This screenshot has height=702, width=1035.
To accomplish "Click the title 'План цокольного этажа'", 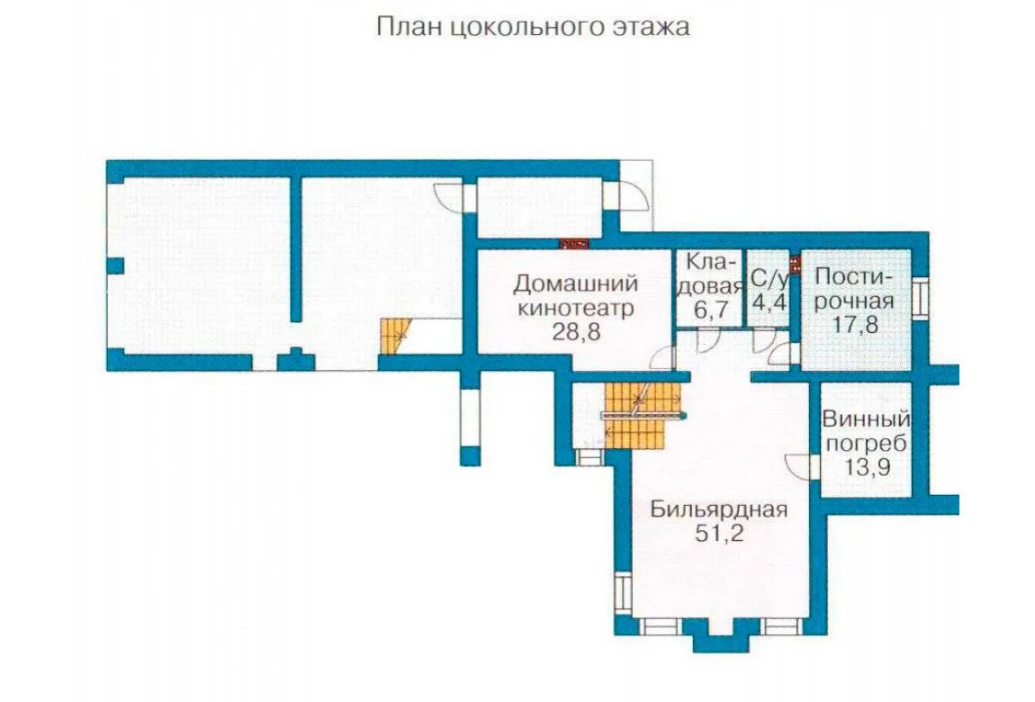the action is (x=534, y=28).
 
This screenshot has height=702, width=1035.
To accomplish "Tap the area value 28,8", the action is (x=576, y=332).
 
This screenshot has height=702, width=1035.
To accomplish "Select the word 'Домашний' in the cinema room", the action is (x=576, y=283).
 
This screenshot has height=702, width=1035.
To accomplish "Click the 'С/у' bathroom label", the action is (x=769, y=279).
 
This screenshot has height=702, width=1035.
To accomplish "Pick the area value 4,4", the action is (x=769, y=308).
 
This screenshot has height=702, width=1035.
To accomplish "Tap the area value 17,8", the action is (x=856, y=325).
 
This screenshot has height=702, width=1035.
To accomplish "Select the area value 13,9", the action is (x=867, y=467).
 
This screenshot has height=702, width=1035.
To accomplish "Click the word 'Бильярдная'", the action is (x=719, y=509).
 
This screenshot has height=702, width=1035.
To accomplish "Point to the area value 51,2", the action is (x=719, y=533).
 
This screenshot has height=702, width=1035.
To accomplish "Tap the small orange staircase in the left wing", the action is (x=395, y=337).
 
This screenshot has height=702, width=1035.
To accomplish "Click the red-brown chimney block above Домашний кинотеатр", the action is (x=574, y=244).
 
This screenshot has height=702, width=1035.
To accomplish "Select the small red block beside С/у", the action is (x=796, y=264).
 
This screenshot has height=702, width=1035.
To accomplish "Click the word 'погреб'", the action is (x=866, y=444).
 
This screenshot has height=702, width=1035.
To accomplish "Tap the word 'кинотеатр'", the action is (x=576, y=308).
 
